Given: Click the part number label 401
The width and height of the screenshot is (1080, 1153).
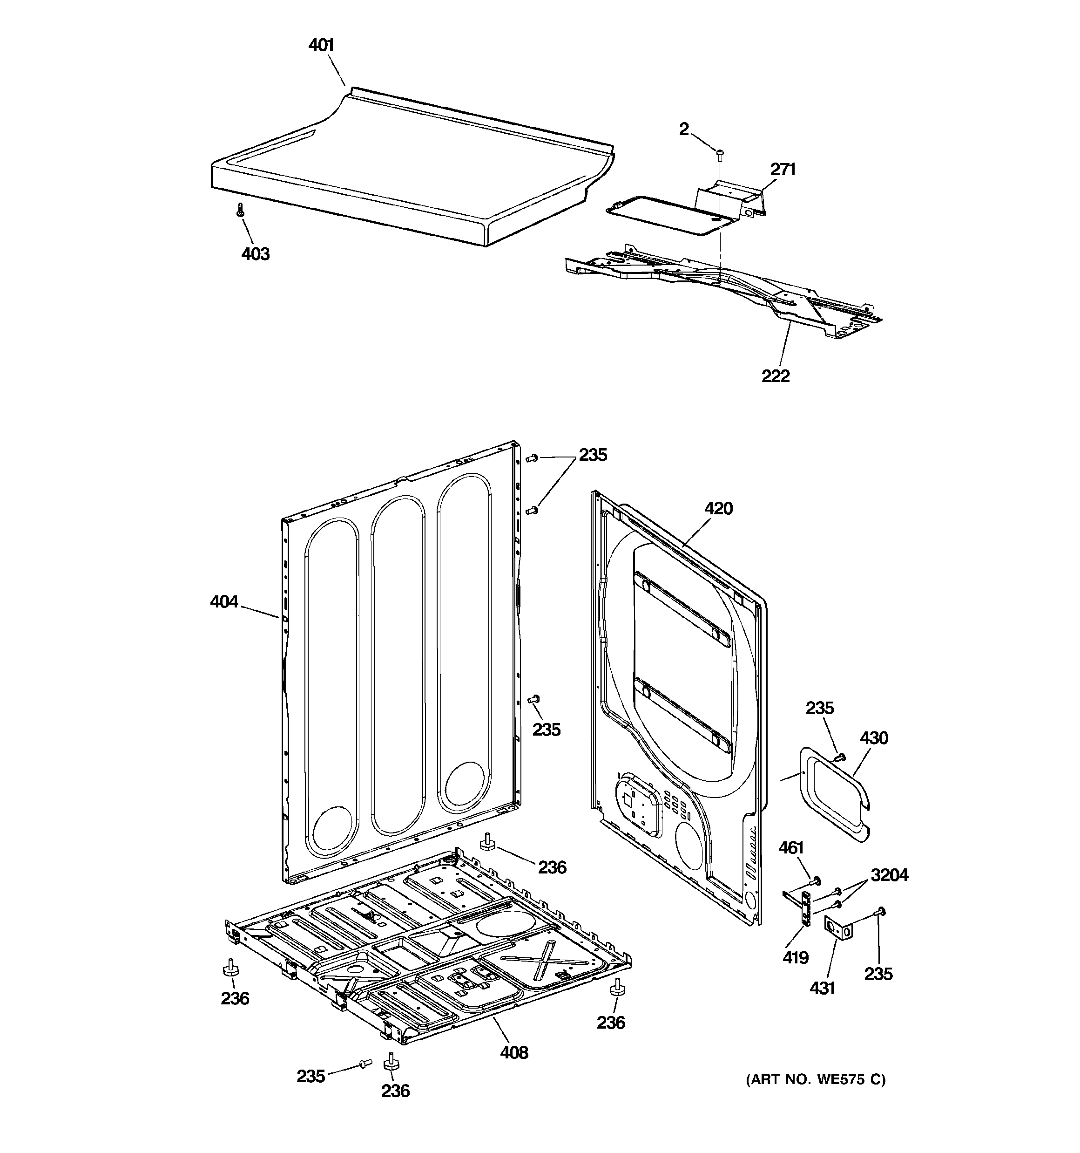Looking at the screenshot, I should coord(321,45).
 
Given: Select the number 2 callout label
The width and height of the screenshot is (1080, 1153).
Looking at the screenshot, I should coord(684,130).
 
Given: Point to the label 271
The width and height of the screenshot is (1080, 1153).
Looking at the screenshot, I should coord(783,170).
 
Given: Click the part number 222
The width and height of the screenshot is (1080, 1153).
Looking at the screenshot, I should coord(775,376).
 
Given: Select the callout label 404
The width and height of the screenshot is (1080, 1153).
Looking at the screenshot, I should coord(224,602).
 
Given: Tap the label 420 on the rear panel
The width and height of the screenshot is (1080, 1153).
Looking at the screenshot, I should coord(718,509).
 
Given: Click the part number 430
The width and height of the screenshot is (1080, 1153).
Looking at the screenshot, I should coord(874,738).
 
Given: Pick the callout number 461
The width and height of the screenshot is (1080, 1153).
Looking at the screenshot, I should coord(791,847).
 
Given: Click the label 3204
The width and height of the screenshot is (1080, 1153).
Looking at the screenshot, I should coord(889,874).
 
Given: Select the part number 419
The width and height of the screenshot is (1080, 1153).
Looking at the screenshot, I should coord(796,957).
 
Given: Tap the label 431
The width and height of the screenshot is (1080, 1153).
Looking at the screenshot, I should coord(822,987).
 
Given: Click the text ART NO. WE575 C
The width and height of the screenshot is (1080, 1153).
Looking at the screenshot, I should coord(815,1079).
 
